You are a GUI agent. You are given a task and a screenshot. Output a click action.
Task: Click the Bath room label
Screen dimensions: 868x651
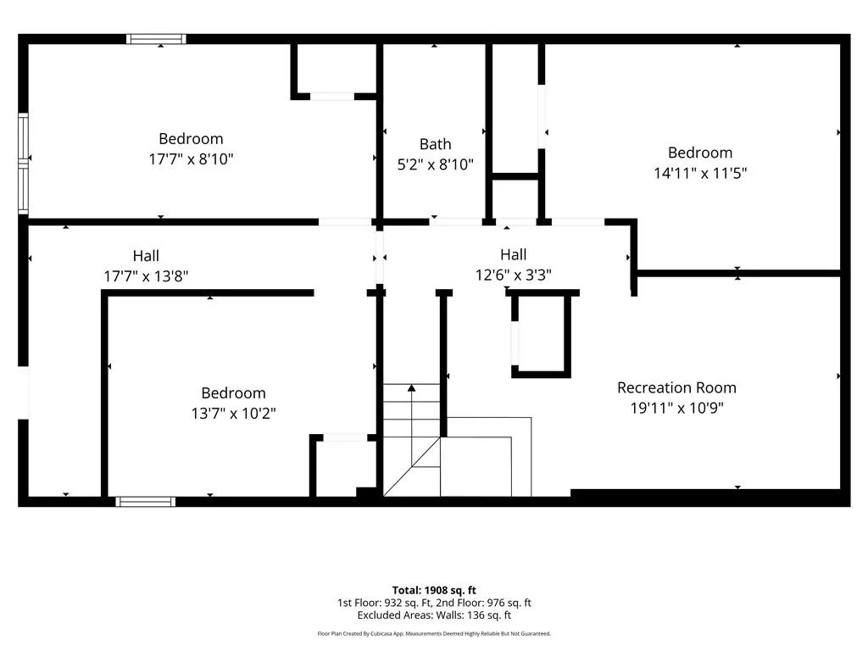(x=435, y=144)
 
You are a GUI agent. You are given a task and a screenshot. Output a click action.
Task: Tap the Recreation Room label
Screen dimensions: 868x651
(x=676, y=387)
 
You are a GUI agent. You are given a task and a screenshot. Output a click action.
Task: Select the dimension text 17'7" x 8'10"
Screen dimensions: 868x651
(x=191, y=159)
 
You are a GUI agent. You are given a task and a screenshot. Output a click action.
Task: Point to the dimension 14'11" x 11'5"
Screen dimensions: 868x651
(x=700, y=173)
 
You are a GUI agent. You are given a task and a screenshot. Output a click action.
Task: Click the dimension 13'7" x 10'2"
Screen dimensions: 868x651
(x=234, y=413)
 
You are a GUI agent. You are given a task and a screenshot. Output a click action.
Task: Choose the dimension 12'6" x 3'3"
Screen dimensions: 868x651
(x=513, y=275)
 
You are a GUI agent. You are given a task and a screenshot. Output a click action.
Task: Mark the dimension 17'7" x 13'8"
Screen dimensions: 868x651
(x=146, y=275)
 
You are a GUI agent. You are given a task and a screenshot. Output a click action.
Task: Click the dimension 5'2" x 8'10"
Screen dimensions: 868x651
(x=435, y=164)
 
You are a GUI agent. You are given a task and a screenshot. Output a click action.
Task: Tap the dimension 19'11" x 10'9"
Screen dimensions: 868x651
(x=676, y=408)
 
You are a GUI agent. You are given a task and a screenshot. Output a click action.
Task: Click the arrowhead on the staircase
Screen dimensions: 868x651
(x=411, y=388)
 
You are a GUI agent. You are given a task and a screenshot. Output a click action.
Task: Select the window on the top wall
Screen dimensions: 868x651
(x=156, y=39)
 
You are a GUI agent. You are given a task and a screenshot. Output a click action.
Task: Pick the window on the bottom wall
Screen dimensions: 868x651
(x=146, y=502)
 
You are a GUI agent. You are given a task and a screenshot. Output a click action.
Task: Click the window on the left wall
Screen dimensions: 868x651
(x=23, y=164)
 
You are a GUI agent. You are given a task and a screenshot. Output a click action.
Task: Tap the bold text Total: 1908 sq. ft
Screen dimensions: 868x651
(x=434, y=590)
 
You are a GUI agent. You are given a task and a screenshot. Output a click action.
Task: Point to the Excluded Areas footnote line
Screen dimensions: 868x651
(x=434, y=615)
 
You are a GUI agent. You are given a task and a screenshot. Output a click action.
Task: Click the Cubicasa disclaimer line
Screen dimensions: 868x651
(x=434, y=633)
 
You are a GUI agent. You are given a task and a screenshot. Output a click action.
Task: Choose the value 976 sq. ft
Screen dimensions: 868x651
(x=509, y=603)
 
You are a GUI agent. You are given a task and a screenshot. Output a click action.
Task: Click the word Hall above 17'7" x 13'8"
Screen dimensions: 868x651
(x=146, y=256)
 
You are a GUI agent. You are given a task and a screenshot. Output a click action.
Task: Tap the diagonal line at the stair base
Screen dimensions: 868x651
(x=412, y=466)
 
